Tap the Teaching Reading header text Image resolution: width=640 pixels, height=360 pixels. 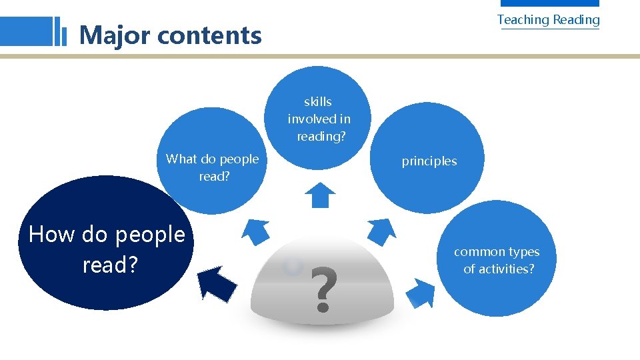click(x=548, y=20)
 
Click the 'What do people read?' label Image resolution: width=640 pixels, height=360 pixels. click(x=212, y=167)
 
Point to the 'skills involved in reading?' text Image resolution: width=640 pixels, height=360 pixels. click(x=319, y=119)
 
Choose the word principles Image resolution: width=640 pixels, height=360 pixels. click(x=429, y=161)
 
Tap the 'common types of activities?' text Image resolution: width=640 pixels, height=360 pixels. click(x=497, y=260)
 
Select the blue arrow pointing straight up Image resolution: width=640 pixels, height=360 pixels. click(x=320, y=195)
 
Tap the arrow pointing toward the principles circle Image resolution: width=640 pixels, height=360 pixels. click(x=382, y=231)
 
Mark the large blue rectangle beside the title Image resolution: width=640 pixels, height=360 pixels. click(x=26, y=31)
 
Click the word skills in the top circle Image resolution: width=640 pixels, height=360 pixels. click(x=318, y=102)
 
